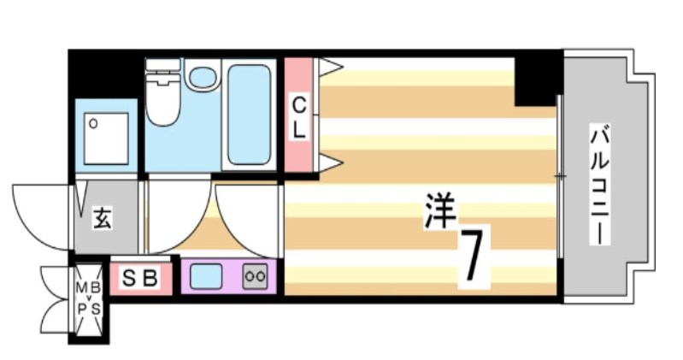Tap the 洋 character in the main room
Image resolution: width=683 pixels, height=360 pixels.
pyautogui.click(x=441, y=211)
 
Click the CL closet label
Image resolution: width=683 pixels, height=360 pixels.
pyautogui.click(x=299, y=117)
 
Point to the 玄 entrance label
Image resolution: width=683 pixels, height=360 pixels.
pyautogui.click(x=102, y=220)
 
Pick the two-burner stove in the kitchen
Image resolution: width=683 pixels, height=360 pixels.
pyautogui.click(x=254, y=276)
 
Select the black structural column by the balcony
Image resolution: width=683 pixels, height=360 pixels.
pyautogui.click(x=537, y=79)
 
